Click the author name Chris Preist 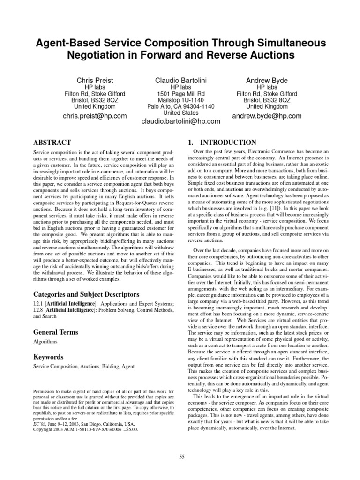93,81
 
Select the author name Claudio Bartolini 180,81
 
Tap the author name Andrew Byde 266,81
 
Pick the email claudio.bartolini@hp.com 180,121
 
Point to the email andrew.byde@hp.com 266,116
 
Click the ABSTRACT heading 52,142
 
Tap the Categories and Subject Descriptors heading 86,294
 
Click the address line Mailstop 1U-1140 180,100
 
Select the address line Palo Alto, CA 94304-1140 180,106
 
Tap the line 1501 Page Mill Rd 180,94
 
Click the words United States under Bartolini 180,112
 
